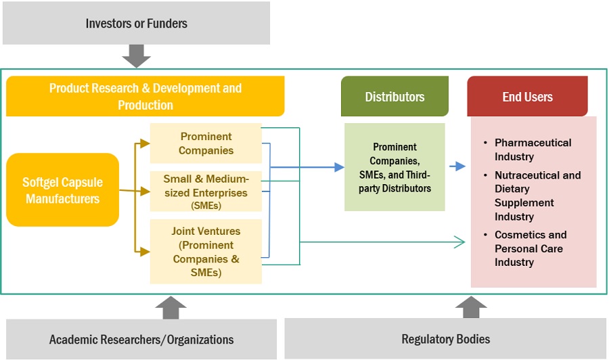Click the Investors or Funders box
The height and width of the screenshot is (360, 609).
click(x=136, y=23)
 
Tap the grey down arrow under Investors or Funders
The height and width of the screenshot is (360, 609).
click(x=137, y=56)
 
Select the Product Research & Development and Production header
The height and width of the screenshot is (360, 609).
click(x=145, y=96)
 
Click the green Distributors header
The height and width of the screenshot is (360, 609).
click(x=394, y=97)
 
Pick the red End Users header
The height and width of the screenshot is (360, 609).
click(x=527, y=97)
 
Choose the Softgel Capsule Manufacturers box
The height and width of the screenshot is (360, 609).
click(x=62, y=190)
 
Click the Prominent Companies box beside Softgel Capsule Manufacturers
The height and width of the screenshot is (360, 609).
click(x=206, y=143)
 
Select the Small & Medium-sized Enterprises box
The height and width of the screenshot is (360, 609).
click(x=206, y=192)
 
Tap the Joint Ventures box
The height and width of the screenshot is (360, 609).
click(x=206, y=252)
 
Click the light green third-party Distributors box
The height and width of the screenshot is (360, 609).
click(x=394, y=167)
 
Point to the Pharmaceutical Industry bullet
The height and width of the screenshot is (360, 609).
click(x=533, y=150)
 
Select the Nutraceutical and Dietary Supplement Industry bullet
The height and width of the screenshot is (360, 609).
click(x=537, y=196)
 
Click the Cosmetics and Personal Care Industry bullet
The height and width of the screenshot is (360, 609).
click(x=531, y=248)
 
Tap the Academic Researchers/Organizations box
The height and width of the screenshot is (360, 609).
click(x=141, y=339)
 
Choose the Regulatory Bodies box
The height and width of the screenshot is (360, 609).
click(x=445, y=339)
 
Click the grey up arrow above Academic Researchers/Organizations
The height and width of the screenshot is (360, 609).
click(x=171, y=307)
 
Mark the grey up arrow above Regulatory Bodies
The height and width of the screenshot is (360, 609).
click(x=471, y=307)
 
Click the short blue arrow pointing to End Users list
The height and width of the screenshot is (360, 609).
click(x=458, y=166)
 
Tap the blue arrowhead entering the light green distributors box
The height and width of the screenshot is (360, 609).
click(x=338, y=167)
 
